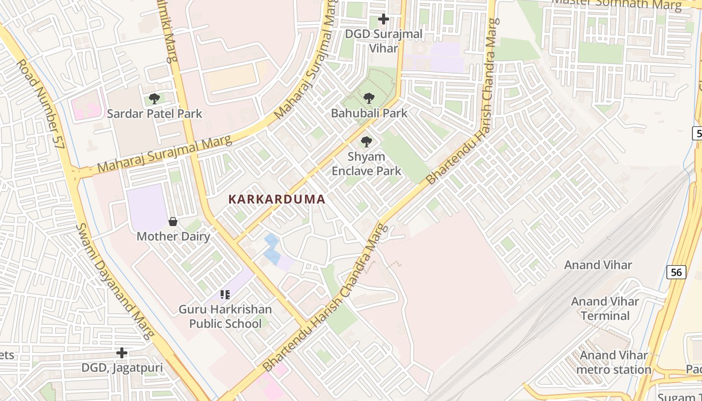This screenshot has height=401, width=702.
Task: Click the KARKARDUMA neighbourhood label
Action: pyautogui.click(x=277, y=199)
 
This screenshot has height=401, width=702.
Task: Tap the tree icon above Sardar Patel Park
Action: pyautogui.click(x=154, y=99)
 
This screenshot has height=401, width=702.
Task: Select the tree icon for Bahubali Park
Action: pyautogui.click(x=369, y=98)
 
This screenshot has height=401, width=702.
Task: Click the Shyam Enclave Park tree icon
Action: pyautogui.click(x=367, y=142)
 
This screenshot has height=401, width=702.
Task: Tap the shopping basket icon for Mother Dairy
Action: pyautogui.click(x=173, y=222)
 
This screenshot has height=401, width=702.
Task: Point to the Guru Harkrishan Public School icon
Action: pyautogui.click(x=225, y=295)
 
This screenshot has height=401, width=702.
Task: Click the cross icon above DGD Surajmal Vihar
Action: pyautogui.click(x=384, y=20)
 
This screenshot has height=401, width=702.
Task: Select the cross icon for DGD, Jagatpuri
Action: pyautogui.click(x=122, y=353)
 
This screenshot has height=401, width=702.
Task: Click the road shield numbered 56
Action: pyautogui.click(x=676, y=272)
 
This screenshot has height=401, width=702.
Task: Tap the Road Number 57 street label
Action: pyautogui.click(x=41, y=104)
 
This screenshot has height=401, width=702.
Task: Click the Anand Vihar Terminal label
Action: pyautogui.click(x=605, y=309)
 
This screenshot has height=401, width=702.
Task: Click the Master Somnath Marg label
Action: pyautogui.click(x=617, y=4)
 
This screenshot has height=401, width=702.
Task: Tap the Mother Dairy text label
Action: pyautogui.click(x=173, y=236)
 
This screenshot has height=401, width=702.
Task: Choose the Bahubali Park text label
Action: pyautogui.click(x=369, y=113)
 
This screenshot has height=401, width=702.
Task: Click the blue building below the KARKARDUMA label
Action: pyautogui.click(x=272, y=249)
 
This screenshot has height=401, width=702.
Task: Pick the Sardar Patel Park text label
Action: pyautogui.click(x=154, y=114)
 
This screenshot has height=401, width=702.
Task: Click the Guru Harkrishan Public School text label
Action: pyautogui.click(x=225, y=316)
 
